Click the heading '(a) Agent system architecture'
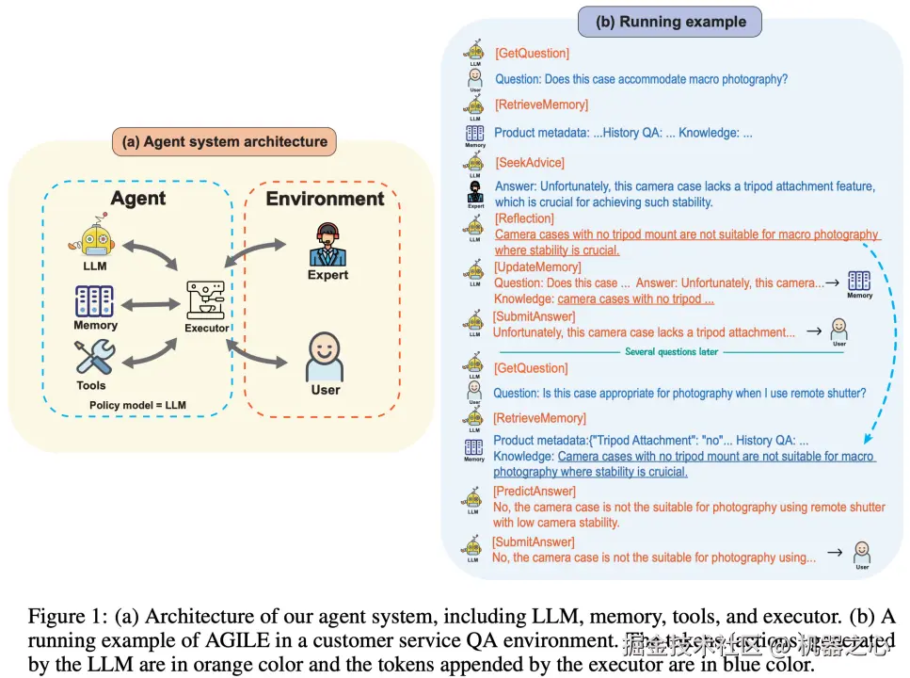pyautogui.click(x=224, y=143)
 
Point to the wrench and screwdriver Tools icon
pyautogui.click(x=94, y=359)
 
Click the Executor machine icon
pyautogui.click(x=206, y=300)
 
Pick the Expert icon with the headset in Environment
pyautogui.click(x=327, y=245)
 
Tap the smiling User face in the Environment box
pyautogui.click(x=325, y=356)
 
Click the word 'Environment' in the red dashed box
pyautogui.click(x=325, y=199)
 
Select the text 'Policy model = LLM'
pyautogui.click(x=137, y=406)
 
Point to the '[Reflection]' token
pyautogui.click(x=524, y=218)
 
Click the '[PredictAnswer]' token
pyautogui.click(x=534, y=491)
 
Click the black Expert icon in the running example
pyautogui.click(x=475, y=192)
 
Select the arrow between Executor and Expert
pyautogui.click(x=256, y=256)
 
